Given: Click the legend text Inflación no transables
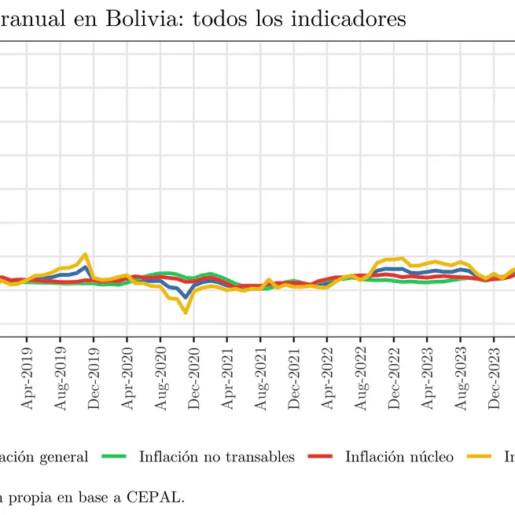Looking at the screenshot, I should click(x=216, y=457).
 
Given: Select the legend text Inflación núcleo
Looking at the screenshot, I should click(x=399, y=457).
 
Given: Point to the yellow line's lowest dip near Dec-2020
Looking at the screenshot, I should click(x=186, y=312).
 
